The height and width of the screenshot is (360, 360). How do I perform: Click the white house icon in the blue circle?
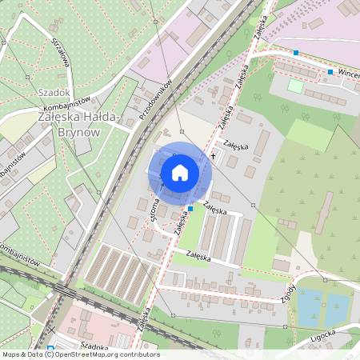click(x=180, y=173)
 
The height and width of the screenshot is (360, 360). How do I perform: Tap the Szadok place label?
click(x=54, y=92)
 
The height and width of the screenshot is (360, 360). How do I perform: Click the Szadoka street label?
click(x=94, y=346)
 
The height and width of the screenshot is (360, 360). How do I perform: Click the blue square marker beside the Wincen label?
click(x=330, y=72)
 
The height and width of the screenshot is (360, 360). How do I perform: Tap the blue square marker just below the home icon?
click(x=190, y=208)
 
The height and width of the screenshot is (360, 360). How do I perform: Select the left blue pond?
click(x=309, y=306)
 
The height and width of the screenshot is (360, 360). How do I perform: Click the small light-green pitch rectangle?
click(x=296, y=85)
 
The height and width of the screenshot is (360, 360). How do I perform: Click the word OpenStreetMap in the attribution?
click(x=94, y=354)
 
